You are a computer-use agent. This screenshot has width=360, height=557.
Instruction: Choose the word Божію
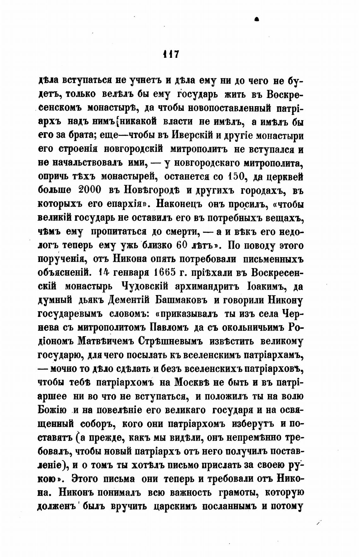pos(52,410)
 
